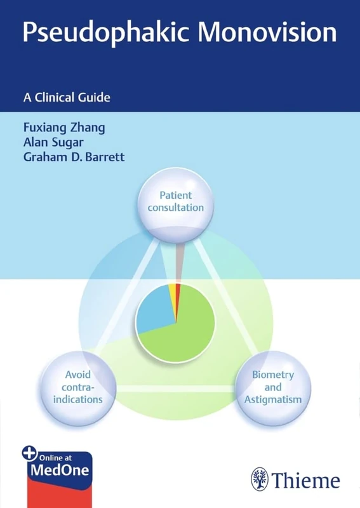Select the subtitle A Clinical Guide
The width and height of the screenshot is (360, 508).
[x=67, y=97]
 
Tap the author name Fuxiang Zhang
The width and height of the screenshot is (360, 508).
[x=63, y=127]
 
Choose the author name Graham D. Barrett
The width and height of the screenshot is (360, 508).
[x=74, y=157]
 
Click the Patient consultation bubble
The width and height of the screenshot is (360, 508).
[x=175, y=201]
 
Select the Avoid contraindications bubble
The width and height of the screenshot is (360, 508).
[x=79, y=387]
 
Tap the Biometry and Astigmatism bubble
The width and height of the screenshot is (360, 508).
[x=273, y=387]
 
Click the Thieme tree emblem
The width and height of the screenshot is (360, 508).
[x=259, y=479]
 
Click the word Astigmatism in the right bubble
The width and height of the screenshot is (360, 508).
[x=273, y=399]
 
